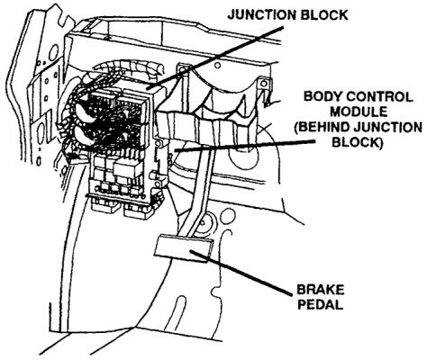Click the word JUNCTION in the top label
point(260,14)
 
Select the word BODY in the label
point(323,96)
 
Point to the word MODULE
point(359,112)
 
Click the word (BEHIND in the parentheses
point(322,127)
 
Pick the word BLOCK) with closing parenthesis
point(358,142)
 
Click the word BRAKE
point(321,290)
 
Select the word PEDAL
point(320,305)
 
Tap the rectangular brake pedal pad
point(184,248)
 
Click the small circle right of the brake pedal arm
point(227,215)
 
